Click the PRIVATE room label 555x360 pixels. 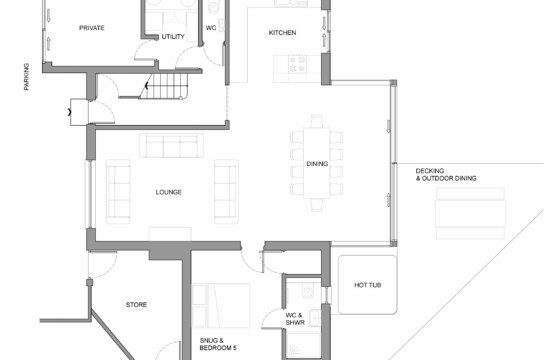pos(92,28)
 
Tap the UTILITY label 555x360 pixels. pos(173,36)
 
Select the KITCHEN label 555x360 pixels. pos(282,33)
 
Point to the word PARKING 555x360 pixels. pos(27,76)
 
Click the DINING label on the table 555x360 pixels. pos(317,164)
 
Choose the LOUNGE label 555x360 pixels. pos(168,192)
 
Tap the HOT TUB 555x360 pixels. pos(367,285)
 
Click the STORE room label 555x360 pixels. pos(136,304)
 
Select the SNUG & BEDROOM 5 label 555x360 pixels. pos(218,344)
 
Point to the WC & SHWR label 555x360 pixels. pos(295,319)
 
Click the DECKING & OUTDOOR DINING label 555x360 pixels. pos(446,175)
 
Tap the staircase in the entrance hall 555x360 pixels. pos(164,86)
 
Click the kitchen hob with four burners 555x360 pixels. pos(297,64)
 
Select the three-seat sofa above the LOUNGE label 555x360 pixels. pos(171,145)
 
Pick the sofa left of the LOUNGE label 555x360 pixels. pos(118,192)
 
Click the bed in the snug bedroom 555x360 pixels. pos(221,305)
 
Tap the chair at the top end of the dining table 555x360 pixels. pos(316,121)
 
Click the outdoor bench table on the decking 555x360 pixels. pos(470,213)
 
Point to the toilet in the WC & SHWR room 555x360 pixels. pos(308,291)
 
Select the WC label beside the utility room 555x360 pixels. pos(211,28)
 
